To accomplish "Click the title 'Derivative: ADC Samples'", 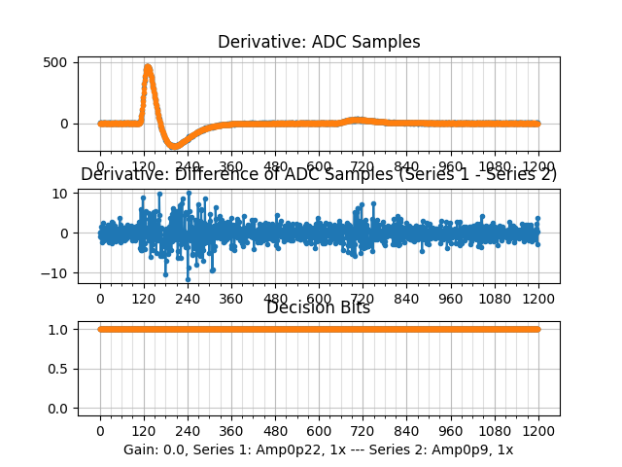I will pos(319,42).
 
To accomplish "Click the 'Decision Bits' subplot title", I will pos(319,308).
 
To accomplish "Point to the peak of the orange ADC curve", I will pos(148,67).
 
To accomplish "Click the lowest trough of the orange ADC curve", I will pos(175,146).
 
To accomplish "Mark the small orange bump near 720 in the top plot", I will pos(358,120).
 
